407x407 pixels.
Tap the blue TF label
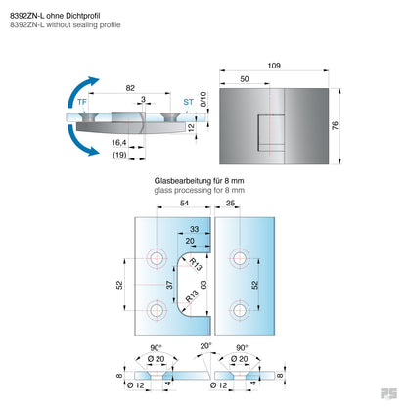84,100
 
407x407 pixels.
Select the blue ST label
187,100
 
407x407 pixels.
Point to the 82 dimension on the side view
129,88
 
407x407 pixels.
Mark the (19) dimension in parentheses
117,156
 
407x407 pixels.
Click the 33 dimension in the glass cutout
193,229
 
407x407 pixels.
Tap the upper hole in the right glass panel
236,259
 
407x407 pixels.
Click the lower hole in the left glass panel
156,311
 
